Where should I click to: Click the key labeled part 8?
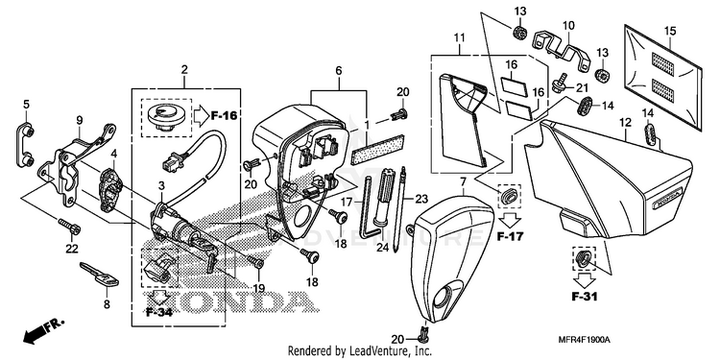click(x=99, y=275)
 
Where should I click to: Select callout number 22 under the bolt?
click(x=72, y=249)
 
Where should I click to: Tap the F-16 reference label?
click(x=224, y=116)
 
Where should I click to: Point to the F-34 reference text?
click(x=159, y=313)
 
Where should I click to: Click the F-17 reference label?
click(x=510, y=237)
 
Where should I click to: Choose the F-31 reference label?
click(x=585, y=297)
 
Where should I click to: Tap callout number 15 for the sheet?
click(x=670, y=31)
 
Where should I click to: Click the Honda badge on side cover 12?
click(x=668, y=203)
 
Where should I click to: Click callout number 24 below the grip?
click(x=382, y=248)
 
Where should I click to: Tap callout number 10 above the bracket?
click(x=568, y=25)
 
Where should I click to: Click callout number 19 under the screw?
click(x=258, y=288)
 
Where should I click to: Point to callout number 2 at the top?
click(x=184, y=70)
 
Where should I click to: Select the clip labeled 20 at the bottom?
click(x=423, y=331)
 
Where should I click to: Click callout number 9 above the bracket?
click(x=80, y=120)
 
